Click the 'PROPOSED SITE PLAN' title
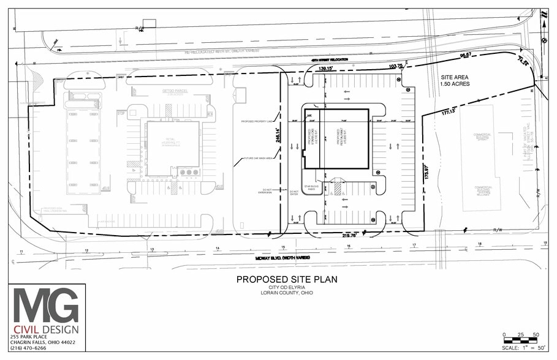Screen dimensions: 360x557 point(287,279)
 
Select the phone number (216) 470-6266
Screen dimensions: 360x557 point(28,348)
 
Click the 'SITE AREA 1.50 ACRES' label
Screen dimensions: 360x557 point(455,80)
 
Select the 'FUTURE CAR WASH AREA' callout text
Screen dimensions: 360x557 point(257,158)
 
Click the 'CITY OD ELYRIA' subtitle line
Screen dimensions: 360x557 point(287,288)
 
